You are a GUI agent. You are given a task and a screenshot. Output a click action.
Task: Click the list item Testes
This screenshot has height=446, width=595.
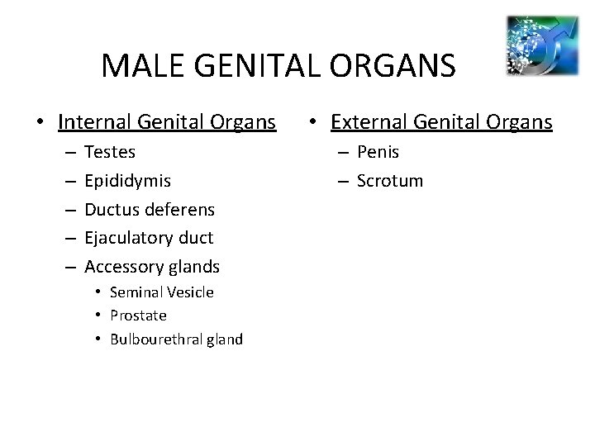click(111, 152)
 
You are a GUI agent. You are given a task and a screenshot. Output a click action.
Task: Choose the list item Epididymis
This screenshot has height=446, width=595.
click(129, 181)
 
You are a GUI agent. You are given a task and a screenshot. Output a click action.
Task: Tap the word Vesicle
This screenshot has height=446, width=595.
click(189, 292)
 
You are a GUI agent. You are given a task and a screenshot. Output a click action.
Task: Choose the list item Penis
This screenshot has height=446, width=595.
click(378, 152)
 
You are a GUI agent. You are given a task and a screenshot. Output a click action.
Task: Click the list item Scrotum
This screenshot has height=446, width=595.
click(389, 181)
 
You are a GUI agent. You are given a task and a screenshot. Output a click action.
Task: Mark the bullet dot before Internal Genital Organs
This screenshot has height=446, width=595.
click(40, 123)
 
